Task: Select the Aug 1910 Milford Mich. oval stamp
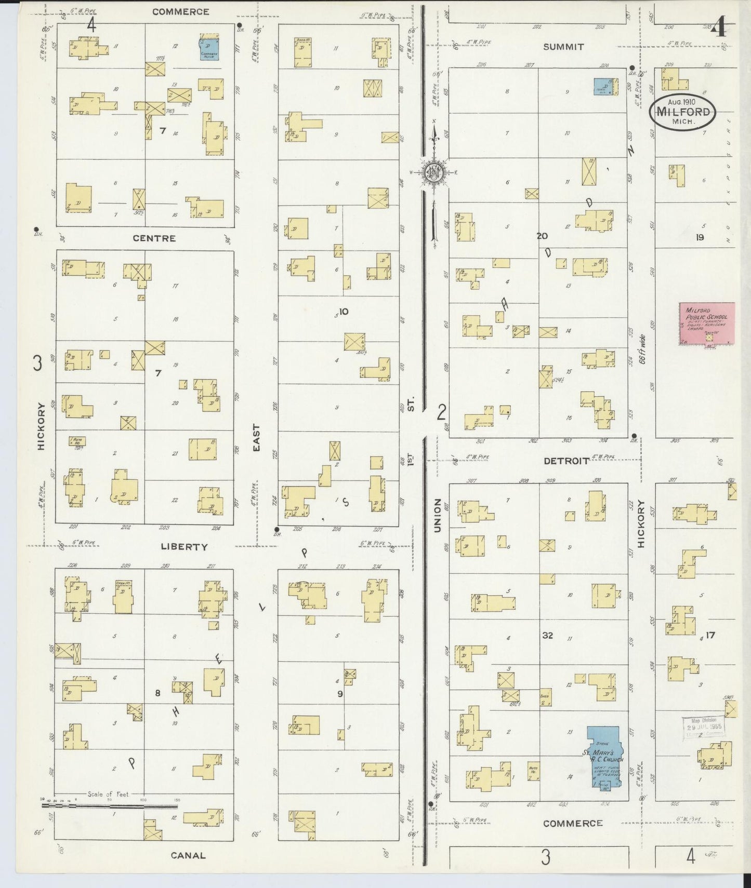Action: coord(682,112)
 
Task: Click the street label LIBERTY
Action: coord(184,547)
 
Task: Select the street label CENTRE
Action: coord(154,238)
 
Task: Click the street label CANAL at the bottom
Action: coord(188,855)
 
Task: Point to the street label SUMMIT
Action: coord(563,47)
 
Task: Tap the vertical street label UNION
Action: coord(437,515)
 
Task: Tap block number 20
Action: coord(542,236)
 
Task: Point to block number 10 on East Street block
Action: coord(343,312)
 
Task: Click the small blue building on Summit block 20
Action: coord(603,86)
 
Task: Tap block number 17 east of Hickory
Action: coord(710,635)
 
